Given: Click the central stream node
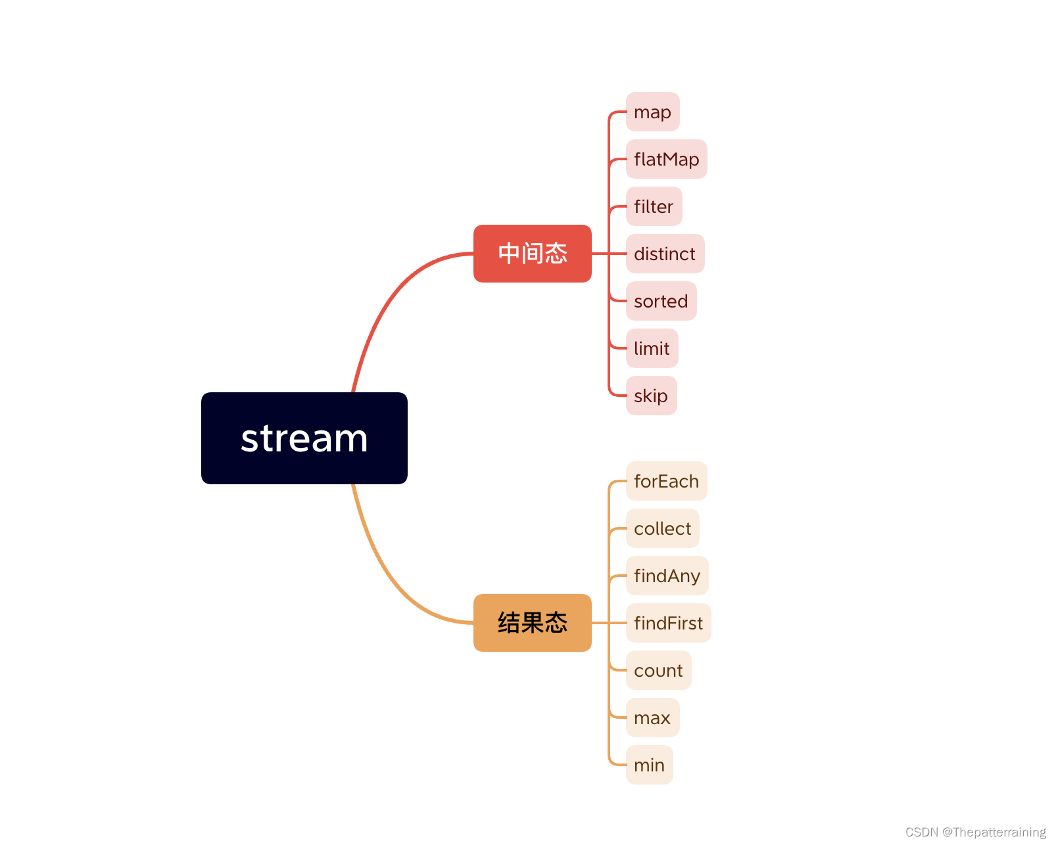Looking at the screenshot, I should [x=304, y=438].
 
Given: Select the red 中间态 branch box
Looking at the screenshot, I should [x=532, y=254].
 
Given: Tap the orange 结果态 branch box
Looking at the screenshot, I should [x=532, y=623].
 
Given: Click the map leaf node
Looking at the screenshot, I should [x=652, y=112].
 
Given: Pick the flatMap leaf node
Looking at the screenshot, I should [x=666, y=159].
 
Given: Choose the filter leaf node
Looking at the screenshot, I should [x=654, y=206].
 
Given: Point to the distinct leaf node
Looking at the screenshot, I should [x=665, y=254].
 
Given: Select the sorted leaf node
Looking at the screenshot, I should [x=661, y=301].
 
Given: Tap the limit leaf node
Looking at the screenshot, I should [x=652, y=348].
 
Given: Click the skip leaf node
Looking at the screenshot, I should [x=651, y=396].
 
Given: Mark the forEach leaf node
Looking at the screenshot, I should [x=666, y=481].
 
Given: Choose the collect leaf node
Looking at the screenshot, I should [x=662, y=528].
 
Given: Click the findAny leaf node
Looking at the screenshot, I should [x=667, y=576].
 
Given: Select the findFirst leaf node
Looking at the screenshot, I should [x=668, y=623].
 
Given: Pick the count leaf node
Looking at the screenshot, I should [x=658, y=670].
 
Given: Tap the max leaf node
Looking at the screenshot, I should [x=652, y=718].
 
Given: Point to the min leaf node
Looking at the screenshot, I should [x=649, y=765].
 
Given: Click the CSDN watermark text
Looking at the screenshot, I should [x=975, y=832].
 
